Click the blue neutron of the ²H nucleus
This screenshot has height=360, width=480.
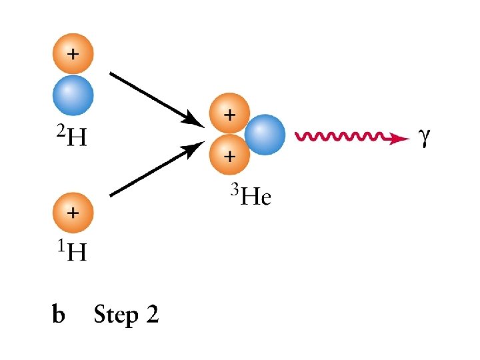[73, 95]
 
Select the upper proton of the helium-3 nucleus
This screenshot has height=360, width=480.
[229, 115]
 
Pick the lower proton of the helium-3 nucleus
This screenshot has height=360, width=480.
[229, 156]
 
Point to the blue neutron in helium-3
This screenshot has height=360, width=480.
[265, 135]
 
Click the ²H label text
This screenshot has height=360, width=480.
[69, 137]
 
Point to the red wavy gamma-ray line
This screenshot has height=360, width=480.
[343, 137]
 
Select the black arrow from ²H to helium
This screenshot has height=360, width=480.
[157, 99]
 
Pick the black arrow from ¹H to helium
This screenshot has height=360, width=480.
[157, 172]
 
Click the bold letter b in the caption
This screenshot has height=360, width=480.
[59, 314]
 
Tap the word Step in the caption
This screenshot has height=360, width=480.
[116, 315]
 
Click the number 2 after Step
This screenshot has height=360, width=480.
[152, 314]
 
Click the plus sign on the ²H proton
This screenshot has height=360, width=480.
[73, 53]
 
